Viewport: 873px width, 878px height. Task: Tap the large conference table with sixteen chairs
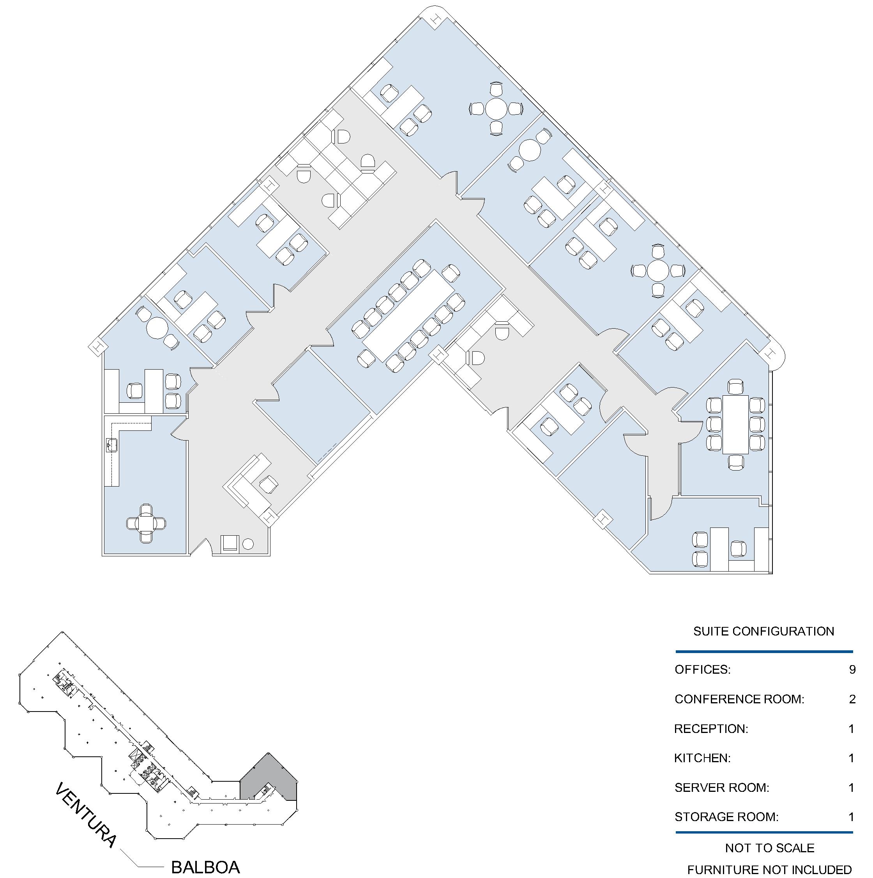(x=409, y=315)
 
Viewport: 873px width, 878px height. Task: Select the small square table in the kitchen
(x=146, y=524)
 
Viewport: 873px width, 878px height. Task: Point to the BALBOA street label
(x=205, y=867)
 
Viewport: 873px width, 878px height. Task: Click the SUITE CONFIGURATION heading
(x=763, y=631)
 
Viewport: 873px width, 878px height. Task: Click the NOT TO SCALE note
(x=769, y=848)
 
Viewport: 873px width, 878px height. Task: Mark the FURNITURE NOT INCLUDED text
(x=769, y=870)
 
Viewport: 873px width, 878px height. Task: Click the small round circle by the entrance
(x=248, y=544)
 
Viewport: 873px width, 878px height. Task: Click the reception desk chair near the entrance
(x=269, y=485)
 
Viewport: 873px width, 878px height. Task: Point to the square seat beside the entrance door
(x=230, y=543)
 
